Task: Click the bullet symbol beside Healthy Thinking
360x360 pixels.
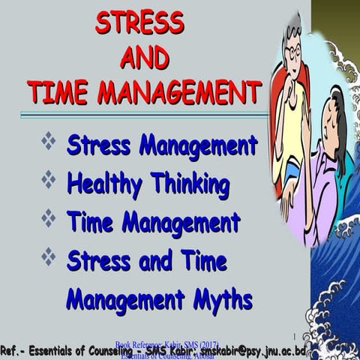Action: coord(49,180)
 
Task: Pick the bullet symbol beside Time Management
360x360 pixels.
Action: coord(49,219)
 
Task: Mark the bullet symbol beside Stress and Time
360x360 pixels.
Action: coord(49,259)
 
